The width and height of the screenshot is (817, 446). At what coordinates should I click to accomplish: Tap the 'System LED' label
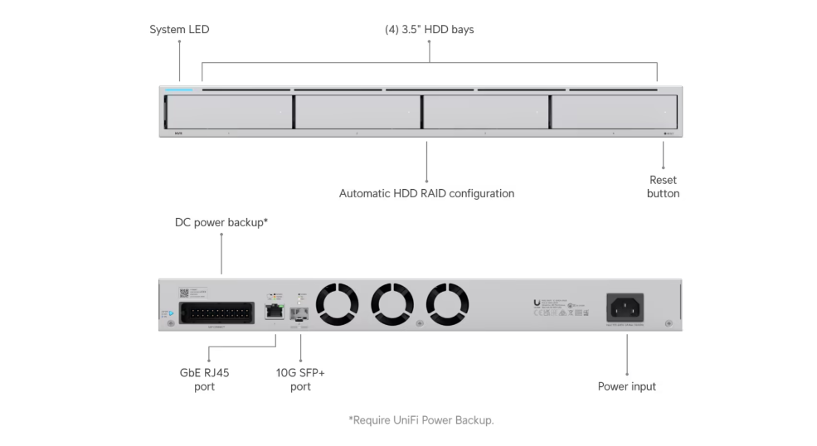[179, 30]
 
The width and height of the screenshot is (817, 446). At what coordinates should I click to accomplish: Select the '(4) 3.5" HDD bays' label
[429, 30]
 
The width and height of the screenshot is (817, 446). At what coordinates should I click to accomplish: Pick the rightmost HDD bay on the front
[614, 111]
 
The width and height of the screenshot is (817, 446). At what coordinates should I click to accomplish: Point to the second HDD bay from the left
[357, 111]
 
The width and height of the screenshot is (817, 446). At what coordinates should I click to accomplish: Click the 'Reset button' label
[663, 187]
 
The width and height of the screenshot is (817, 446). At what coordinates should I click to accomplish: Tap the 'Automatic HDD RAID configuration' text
[426, 193]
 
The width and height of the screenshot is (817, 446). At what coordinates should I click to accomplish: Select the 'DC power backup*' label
[221, 222]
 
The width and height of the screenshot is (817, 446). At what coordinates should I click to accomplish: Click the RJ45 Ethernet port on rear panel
[272, 312]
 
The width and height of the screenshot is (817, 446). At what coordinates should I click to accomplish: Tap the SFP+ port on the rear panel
[299, 313]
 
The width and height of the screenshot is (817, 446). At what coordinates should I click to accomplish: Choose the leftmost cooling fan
[337, 305]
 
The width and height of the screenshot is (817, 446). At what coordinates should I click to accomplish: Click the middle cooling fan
[392, 305]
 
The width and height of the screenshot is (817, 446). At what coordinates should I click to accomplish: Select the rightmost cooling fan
[447, 305]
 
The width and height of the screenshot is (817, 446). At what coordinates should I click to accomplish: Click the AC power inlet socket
[626, 308]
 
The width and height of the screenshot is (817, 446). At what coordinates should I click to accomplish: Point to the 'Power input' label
[626, 386]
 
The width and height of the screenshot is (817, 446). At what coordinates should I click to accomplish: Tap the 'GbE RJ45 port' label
[204, 380]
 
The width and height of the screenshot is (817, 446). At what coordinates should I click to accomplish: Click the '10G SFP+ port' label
[300, 380]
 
